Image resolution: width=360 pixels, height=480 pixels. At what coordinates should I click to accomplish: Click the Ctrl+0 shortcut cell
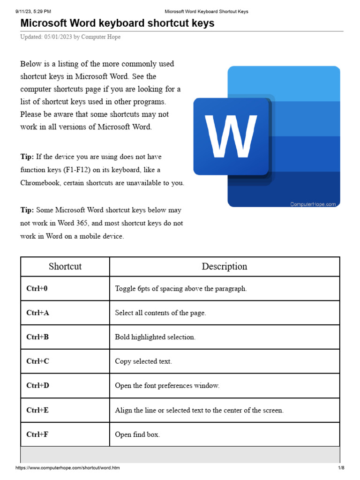[37, 289]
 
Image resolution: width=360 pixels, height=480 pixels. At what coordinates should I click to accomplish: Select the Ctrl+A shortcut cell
[37, 313]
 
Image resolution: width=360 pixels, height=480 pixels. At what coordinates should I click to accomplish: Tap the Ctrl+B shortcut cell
[37, 337]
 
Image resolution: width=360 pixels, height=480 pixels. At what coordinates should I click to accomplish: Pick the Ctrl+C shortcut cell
[37, 361]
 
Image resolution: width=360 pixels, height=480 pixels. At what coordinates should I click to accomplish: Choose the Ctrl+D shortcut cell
[37, 386]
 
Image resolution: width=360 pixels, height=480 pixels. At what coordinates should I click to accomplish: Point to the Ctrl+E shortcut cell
[37, 410]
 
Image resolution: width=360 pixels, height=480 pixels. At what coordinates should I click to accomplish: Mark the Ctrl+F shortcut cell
[37, 435]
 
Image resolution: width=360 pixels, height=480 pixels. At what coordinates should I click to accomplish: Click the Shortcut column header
[65, 267]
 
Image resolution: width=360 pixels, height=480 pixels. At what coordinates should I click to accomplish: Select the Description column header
[225, 267]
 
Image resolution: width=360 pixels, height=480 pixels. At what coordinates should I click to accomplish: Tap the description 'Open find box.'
[137, 435]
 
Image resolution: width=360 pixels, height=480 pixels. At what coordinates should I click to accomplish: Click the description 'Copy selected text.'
[143, 361]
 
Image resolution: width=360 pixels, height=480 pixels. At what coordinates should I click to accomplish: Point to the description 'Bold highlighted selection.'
[155, 337]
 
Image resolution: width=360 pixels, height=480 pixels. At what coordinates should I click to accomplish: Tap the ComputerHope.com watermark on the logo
[313, 204]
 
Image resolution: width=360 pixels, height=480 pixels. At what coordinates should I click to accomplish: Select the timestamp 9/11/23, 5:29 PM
[33, 11]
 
